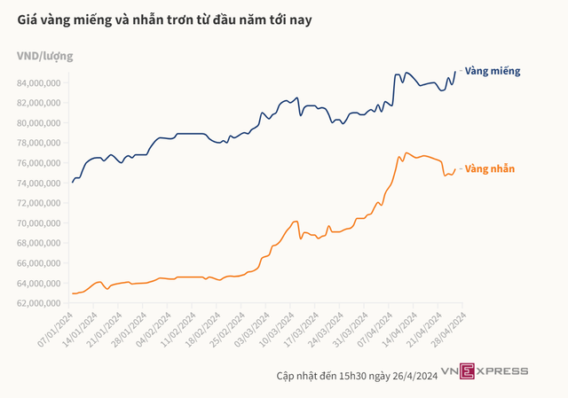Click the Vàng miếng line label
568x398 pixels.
pos(493,71)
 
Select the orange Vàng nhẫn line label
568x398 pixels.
pos(490,168)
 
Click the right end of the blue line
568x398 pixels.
pos(455,72)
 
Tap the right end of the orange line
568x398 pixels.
pos(455,169)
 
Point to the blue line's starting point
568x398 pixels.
pos(73,183)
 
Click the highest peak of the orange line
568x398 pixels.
pos(406,152)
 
